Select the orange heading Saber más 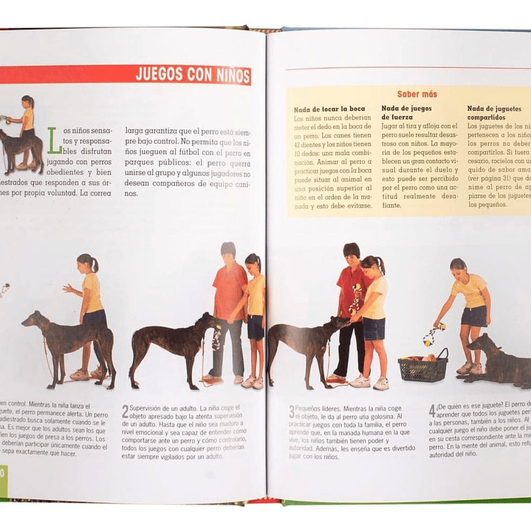coord(417,94)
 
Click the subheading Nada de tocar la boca coord(329,109)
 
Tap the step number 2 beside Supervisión coord(125,411)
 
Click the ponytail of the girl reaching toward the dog coord(95,264)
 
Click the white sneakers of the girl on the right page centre coord(371,382)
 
